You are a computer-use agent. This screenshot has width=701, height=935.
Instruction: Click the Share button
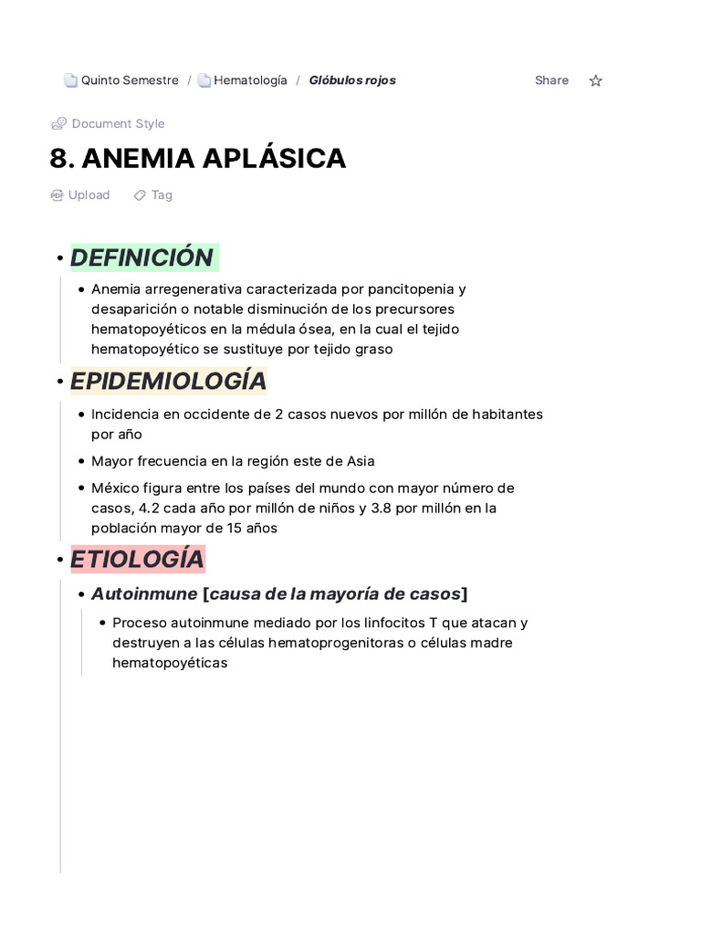coord(551,80)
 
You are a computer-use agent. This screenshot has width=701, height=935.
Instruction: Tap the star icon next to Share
coord(596,80)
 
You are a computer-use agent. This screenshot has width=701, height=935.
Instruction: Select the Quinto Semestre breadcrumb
coord(129,80)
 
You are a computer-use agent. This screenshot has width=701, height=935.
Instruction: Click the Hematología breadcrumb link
coord(249,80)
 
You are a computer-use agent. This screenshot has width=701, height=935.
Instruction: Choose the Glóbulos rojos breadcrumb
coord(352,80)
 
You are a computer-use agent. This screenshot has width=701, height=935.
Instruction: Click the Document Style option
coord(118,123)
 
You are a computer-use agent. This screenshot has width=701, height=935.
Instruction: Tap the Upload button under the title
coord(88,194)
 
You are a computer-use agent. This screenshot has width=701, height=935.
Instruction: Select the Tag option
coord(161,194)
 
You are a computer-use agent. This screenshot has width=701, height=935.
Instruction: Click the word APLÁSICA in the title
coord(274,159)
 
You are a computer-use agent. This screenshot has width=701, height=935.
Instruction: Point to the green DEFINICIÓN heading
coord(142,257)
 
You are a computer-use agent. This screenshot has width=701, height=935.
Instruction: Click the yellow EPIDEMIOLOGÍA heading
coord(168,381)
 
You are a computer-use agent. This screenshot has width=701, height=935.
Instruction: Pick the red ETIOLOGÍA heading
coord(137,559)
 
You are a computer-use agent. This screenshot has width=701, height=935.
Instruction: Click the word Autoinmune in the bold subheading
coord(144,594)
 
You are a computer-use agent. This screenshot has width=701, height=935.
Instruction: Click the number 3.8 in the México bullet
coord(382,508)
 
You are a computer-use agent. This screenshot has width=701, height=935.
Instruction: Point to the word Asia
coord(361,461)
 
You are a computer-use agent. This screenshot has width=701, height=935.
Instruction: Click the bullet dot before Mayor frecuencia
coord(82,461)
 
